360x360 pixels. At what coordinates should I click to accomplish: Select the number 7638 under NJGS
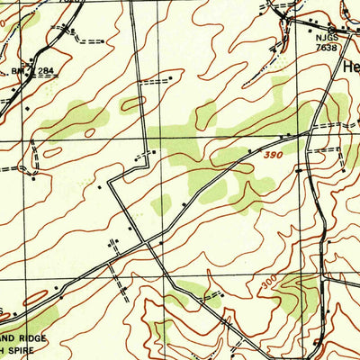[328, 48]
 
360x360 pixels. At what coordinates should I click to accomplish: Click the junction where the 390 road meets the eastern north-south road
[307, 133]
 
